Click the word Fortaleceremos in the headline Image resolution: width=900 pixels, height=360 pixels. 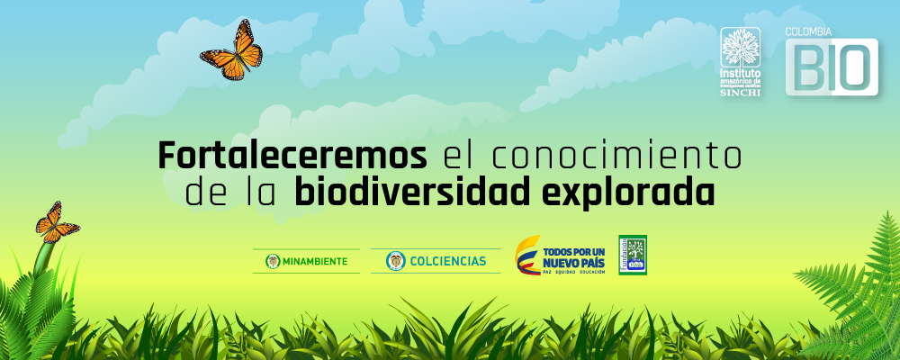292,156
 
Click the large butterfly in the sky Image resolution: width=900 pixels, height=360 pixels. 232,53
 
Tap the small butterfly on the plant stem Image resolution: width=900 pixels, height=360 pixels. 55,222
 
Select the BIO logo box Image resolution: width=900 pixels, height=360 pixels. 832,67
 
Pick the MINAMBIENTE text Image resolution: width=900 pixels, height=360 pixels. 314,261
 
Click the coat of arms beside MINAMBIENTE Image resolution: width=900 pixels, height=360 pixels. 271,261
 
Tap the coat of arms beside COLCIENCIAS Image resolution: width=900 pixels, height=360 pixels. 393,261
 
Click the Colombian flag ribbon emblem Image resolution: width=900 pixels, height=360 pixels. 528,256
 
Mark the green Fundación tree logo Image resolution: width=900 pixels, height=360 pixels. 632,256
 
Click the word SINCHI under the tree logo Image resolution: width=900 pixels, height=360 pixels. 742,92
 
